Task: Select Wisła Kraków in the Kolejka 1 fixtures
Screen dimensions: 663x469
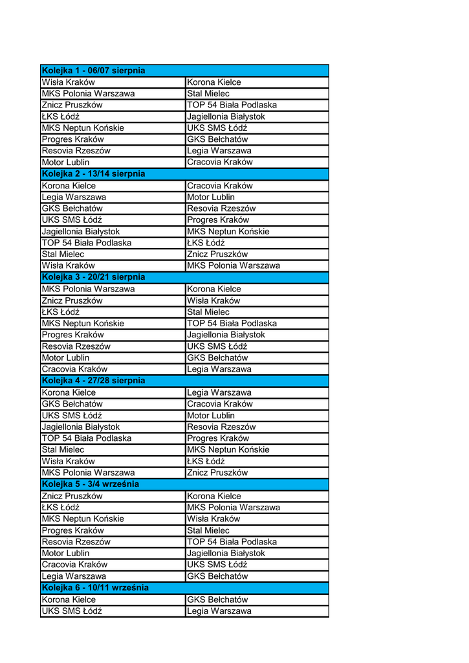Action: [68, 82]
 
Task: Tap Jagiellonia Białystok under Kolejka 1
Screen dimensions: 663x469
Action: [226, 117]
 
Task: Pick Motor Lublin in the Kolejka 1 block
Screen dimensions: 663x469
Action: [65, 163]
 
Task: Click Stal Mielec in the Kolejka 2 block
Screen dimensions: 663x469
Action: [63, 254]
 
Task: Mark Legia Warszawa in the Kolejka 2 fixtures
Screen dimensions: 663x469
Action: [74, 197]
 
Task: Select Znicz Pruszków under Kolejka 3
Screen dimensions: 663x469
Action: [72, 300]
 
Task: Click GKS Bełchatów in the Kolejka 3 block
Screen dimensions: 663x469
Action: [217, 358]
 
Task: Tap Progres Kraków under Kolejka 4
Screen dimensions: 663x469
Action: [218, 438]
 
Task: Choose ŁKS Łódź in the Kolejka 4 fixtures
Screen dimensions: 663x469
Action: [206, 462]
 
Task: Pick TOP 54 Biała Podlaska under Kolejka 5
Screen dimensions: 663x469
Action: [232, 542]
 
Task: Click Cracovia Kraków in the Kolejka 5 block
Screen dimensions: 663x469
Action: [74, 565]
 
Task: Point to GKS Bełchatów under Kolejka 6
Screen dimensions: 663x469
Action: [217, 600]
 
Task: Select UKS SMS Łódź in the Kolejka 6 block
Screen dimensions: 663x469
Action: [72, 611]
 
